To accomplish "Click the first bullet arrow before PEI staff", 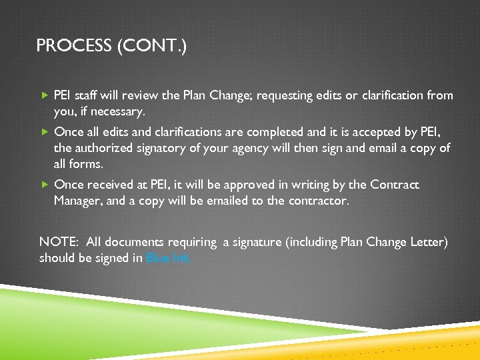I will [44, 95].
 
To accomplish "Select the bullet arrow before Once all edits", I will [44, 131].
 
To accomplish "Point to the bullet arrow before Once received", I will [44, 185].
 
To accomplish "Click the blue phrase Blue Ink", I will [169, 258].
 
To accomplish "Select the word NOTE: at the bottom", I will [58, 242].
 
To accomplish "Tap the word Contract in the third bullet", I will [397, 185].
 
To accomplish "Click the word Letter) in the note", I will [428, 242].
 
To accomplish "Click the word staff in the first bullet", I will [88, 95].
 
